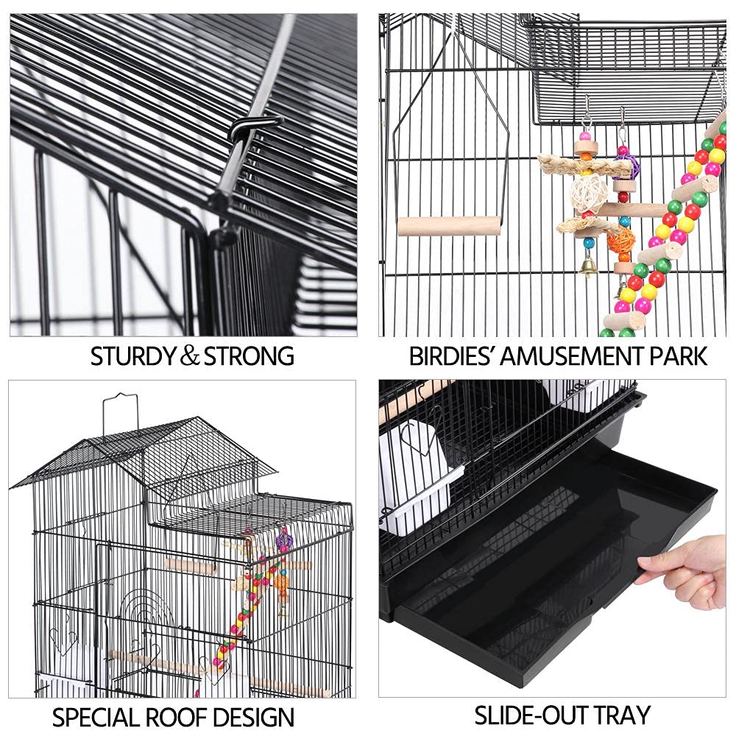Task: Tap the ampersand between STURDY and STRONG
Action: click(191, 357)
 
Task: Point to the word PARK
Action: click(673, 356)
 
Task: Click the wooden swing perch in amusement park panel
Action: click(449, 226)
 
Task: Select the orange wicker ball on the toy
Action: click(620, 239)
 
